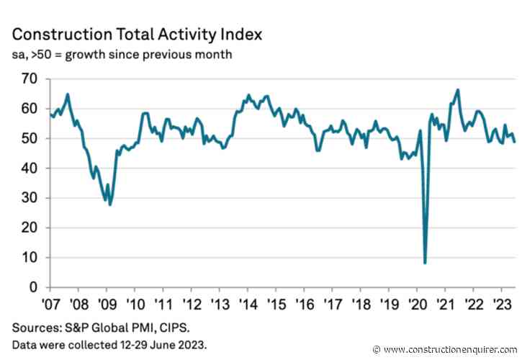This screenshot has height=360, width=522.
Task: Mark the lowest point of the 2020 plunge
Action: pyautogui.click(x=425, y=263)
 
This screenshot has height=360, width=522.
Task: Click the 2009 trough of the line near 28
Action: pyautogui.click(x=110, y=204)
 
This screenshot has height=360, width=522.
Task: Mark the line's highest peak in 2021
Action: pyautogui.click(x=458, y=90)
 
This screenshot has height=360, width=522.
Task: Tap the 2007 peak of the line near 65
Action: pyautogui.click(x=68, y=94)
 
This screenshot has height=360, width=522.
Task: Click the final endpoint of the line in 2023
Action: pyautogui.click(x=514, y=142)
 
